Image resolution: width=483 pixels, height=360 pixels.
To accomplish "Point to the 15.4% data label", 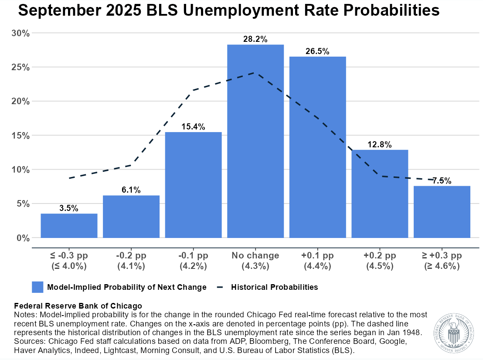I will click(x=193, y=127).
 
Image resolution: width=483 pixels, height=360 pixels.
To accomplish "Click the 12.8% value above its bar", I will click(x=380, y=145).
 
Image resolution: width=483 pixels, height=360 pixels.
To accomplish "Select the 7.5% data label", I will click(x=442, y=181).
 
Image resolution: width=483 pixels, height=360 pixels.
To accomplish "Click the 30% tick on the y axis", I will click(x=20, y=33).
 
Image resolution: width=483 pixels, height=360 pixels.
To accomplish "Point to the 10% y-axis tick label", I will click(x=20, y=170).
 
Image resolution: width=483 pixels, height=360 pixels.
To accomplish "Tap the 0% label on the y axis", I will click(x=22, y=238).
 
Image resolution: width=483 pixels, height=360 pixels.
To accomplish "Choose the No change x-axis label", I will click(x=255, y=255).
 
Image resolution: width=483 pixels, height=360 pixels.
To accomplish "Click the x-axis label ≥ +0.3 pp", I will click(x=442, y=255).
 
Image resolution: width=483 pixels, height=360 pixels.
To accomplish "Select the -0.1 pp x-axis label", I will click(x=193, y=255).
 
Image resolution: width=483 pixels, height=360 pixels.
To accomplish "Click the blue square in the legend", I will click(x=37, y=287).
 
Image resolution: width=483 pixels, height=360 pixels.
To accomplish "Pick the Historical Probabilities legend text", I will click(x=274, y=287).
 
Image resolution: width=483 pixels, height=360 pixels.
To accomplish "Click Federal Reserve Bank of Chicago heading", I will click(x=78, y=306).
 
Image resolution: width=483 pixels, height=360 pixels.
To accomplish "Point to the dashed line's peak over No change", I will click(x=255, y=73).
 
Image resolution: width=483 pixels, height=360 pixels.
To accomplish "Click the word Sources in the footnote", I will click(x=28, y=341).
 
